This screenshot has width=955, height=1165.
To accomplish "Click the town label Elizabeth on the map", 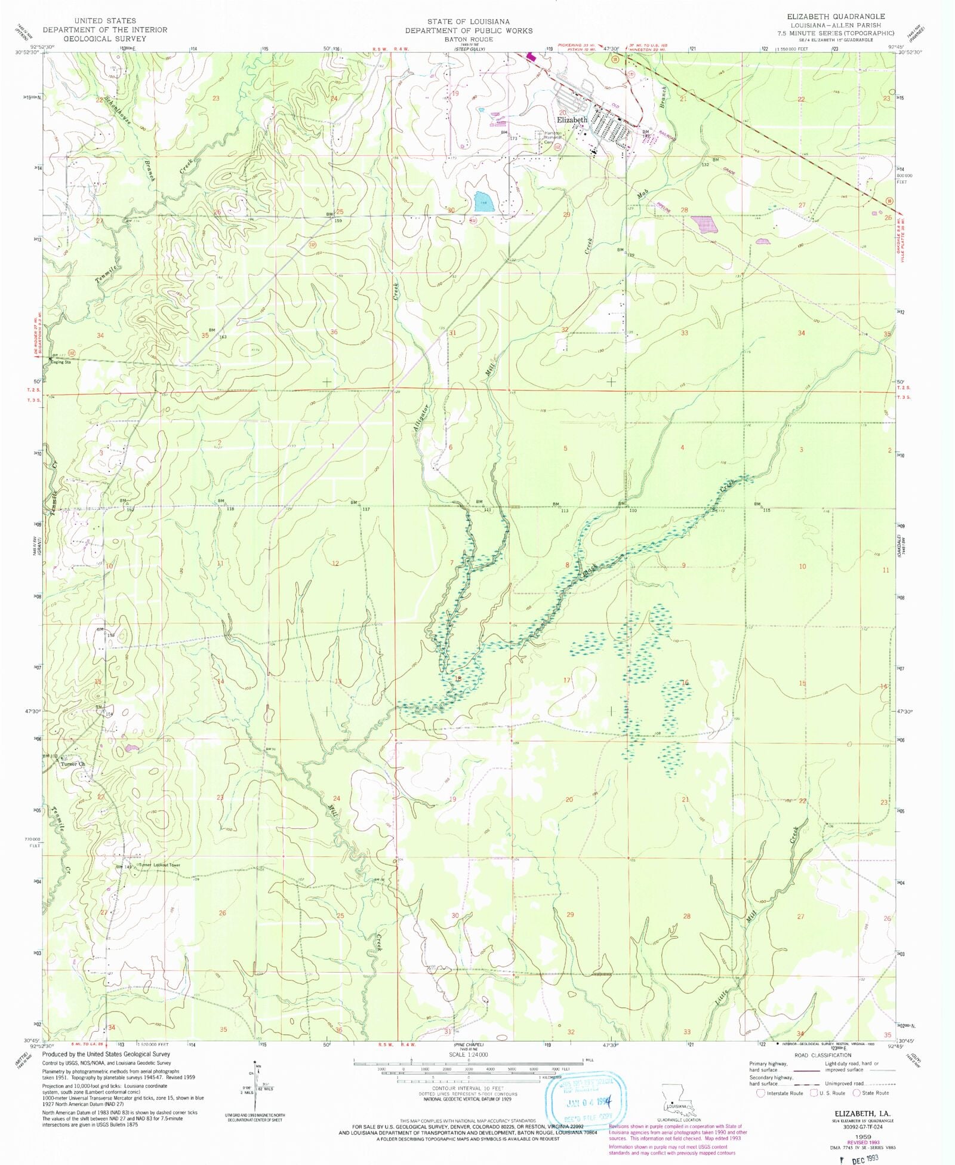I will tap(572, 119).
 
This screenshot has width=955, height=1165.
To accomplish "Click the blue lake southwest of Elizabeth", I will tap(483, 202).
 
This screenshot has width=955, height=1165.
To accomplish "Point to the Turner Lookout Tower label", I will tap(159, 865).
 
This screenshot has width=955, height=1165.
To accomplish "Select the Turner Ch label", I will tap(73, 764).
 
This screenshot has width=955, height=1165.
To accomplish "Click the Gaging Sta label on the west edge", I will tap(61, 362).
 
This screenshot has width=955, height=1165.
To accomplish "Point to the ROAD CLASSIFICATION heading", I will tap(822, 1055).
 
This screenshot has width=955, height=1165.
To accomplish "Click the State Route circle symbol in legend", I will tap(856, 1093).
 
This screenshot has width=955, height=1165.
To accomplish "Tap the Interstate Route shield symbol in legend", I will tap(760, 1093).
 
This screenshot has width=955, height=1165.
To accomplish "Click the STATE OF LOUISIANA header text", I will tap(469, 21).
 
